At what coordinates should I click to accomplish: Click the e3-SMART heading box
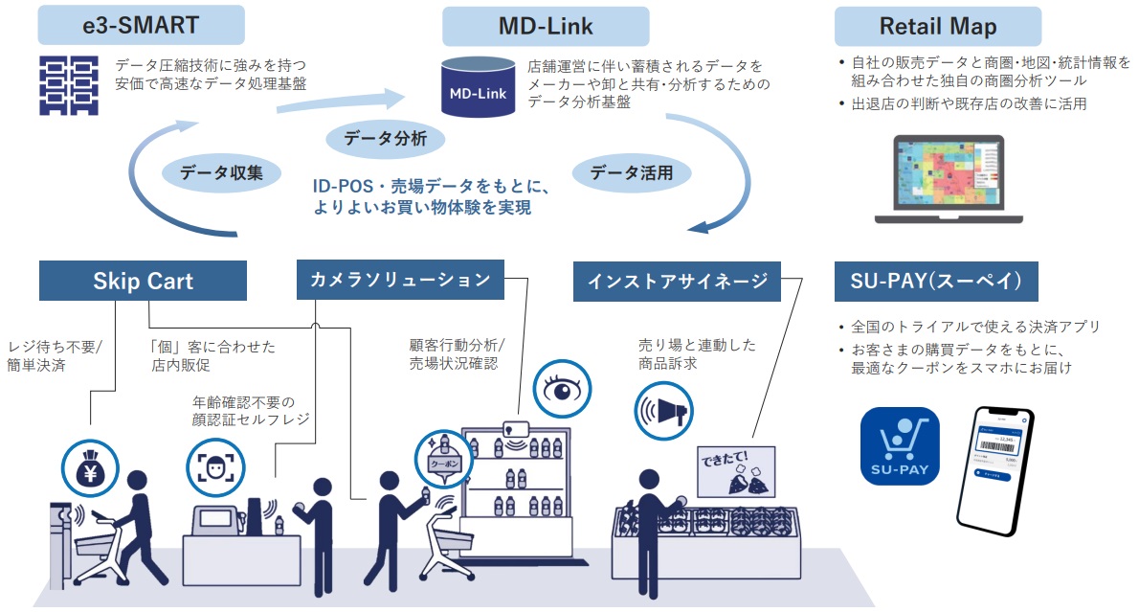click(x=142, y=26)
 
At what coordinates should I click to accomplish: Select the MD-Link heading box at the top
click(x=545, y=26)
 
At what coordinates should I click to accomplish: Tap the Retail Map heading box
click(x=937, y=26)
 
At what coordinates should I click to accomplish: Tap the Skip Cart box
click(x=143, y=281)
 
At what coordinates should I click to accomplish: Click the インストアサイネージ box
click(x=678, y=281)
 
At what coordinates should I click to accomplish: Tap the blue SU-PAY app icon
click(x=900, y=446)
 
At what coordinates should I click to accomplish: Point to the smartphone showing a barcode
click(x=995, y=468)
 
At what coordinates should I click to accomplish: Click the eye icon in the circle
click(x=560, y=389)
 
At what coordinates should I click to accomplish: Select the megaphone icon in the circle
click(x=662, y=413)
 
